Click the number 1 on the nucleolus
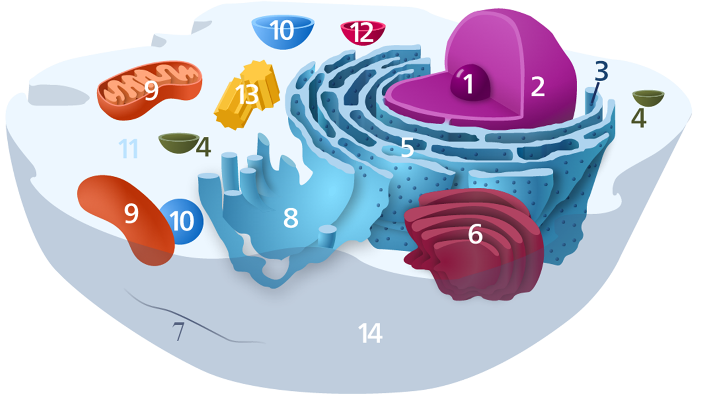pyautogui.click(x=468, y=85)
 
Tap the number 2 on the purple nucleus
pyautogui.click(x=537, y=86)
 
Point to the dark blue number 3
pyautogui.click(x=601, y=71)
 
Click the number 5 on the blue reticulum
pyautogui.click(x=407, y=147)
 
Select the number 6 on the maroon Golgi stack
pyautogui.click(x=475, y=235)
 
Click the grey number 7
pyautogui.click(x=178, y=332)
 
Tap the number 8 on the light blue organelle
pyautogui.click(x=291, y=219)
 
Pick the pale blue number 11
pyautogui.click(x=129, y=149)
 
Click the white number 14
pyautogui.click(x=370, y=333)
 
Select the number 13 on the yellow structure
pyautogui.click(x=247, y=95)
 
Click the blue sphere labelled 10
pyautogui.click(x=182, y=221)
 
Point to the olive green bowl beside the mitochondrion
pyautogui.click(x=178, y=143)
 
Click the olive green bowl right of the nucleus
pyautogui.click(x=648, y=98)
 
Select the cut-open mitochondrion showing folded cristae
pyautogui.click(x=150, y=92)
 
